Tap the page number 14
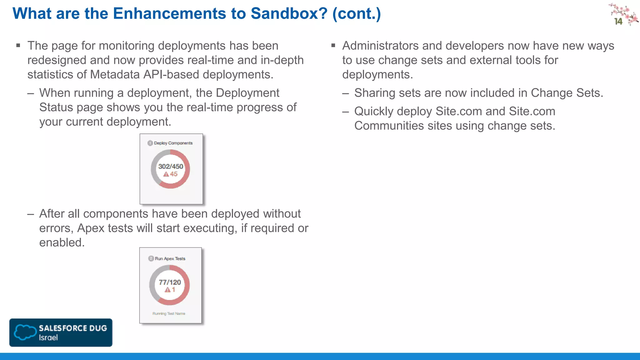(618, 22)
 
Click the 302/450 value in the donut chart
(171, 167)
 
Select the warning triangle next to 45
(166, 174)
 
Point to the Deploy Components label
(173, 143)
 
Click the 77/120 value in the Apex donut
(170, 282)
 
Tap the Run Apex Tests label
(170, 259)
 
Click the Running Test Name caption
(169, 313)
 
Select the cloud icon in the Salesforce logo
(25, 332)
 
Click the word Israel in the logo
(48, 338)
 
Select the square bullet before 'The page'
(18, 46)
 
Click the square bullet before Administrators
(333, 46)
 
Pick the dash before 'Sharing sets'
(345, 93)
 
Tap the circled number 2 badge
(151, 258)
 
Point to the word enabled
(62, 243)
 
